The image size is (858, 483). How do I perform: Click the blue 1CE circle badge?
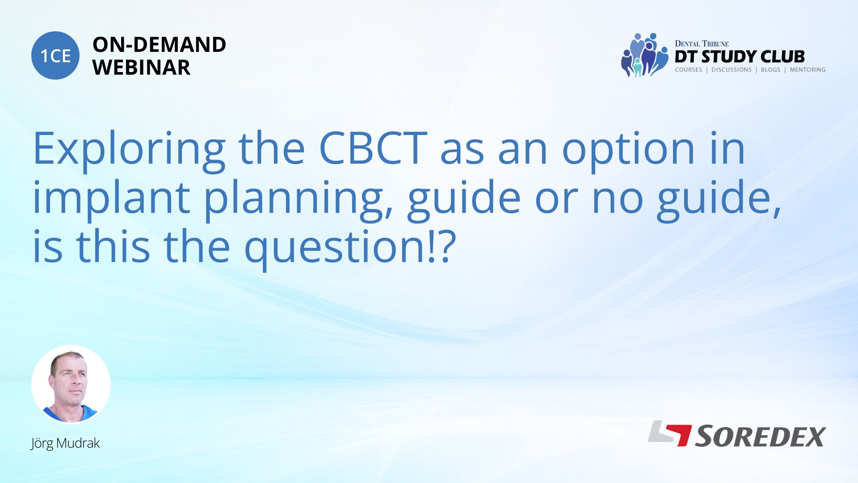55,55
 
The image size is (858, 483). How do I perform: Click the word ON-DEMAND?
159,45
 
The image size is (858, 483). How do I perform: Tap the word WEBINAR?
141,68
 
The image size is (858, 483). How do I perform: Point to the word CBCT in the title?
373,148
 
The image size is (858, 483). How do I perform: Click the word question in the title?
335,248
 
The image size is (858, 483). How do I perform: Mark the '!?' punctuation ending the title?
442,246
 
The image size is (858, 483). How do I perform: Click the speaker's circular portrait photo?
71,385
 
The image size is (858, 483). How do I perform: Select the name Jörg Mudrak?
65,443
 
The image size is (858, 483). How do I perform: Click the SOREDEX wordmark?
760,436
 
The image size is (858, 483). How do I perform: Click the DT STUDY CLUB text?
740,57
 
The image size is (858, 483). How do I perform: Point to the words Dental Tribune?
702,44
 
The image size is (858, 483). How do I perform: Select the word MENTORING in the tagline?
808,70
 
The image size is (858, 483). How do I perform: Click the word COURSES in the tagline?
688,70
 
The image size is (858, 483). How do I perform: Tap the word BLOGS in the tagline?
770,70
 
